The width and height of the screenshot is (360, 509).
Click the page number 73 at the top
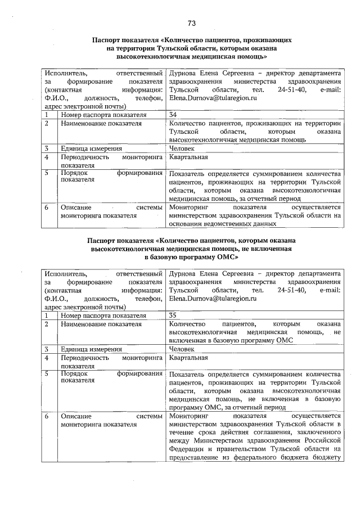tap(191, 23)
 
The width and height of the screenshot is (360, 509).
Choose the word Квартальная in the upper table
tap(188, 157)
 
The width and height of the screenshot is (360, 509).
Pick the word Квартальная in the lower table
tap(188, 358)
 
